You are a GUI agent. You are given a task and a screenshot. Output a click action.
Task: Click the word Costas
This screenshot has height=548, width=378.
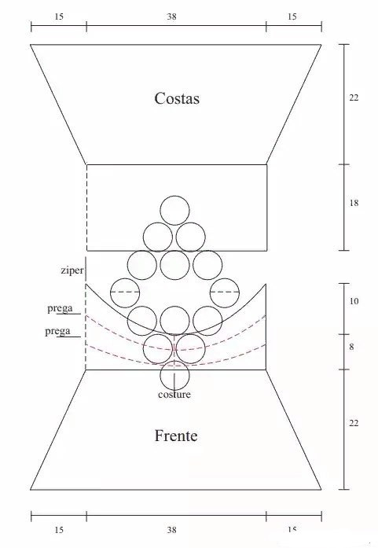[x=177, y=98]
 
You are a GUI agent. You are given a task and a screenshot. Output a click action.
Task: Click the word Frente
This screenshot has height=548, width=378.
[x=176, y=436]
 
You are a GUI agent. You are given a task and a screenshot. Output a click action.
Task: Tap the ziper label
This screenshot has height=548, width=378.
[x=72, y=270]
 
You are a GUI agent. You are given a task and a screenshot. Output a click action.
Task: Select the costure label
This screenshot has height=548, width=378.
[x=174, y=395]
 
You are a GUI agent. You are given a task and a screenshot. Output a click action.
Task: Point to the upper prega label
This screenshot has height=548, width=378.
[x=60, y=309]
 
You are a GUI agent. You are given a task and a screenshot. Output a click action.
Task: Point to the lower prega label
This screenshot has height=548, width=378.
[x=57, y=331]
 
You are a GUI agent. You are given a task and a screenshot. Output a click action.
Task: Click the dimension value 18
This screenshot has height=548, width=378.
[x=354, y=203]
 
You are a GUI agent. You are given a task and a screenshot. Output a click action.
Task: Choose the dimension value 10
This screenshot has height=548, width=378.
[x=354, y=301]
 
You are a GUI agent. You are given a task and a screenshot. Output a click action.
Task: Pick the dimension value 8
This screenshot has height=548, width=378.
[x=351, y=347]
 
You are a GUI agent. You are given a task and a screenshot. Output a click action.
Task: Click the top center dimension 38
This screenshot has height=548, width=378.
[x=171, y=17]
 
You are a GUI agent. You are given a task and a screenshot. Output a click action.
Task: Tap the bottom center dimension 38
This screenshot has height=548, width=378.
[x=171, y=530]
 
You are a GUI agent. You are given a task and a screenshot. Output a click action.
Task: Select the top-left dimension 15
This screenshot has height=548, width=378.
[x=59, y=17]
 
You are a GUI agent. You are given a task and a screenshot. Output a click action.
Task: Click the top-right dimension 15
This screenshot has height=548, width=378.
[x=292, y=17]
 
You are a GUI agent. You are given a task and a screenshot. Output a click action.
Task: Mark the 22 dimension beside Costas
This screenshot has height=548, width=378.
[x=354, y=97]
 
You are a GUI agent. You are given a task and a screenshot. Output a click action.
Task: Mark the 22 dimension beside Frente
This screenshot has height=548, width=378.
[x=354, y=423]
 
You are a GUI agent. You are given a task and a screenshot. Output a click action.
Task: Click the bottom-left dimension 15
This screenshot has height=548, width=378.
[x=59, y=530]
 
